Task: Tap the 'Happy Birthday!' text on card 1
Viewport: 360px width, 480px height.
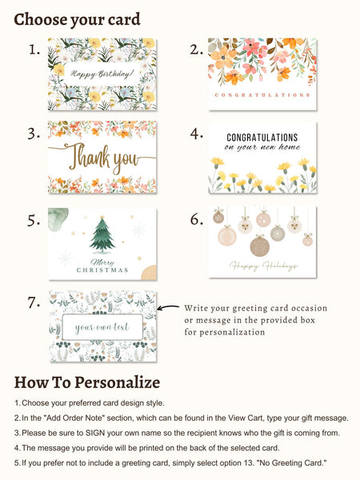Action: [x=102, y=74]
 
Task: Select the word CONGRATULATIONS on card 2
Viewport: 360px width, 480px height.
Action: [x=262, y=95]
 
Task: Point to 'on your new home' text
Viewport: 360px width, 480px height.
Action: [x=262, y=147]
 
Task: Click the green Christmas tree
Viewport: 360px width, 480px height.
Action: [x=102, y=235]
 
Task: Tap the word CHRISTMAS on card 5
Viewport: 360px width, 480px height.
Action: [x=102, y=270]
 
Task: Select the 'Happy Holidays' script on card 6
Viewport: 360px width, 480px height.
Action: [x=263, y=266]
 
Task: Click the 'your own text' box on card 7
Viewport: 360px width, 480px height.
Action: [x=102, y=327]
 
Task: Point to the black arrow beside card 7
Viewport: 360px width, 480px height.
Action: [x=168, y=307]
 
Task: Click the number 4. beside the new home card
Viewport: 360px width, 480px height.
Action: [x=197, y=134]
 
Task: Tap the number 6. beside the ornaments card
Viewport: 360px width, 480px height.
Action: [x=197, y=219]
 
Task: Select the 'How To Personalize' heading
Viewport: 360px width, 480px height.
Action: [x=87, y=382]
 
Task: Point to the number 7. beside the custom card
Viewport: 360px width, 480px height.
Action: [x=34, y=302]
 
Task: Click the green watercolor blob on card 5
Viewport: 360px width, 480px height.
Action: [x=58, y=219]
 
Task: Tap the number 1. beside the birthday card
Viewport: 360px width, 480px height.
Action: [x=34, y=50]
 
